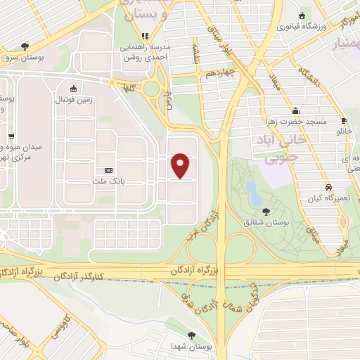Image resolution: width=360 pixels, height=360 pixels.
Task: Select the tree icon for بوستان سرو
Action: [x=25, y=46]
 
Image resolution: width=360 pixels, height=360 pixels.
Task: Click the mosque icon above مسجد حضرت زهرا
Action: [x=296, y=111]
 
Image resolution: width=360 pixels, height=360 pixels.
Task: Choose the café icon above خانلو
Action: [x=344, y=120]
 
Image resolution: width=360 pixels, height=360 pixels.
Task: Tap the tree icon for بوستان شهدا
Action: [x=192, y=335]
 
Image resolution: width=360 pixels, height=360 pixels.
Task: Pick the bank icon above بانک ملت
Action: [x=108, y=171]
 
